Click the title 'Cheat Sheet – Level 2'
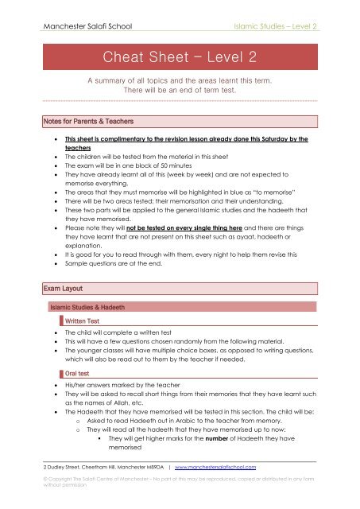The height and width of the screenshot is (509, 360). click(178, 57)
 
